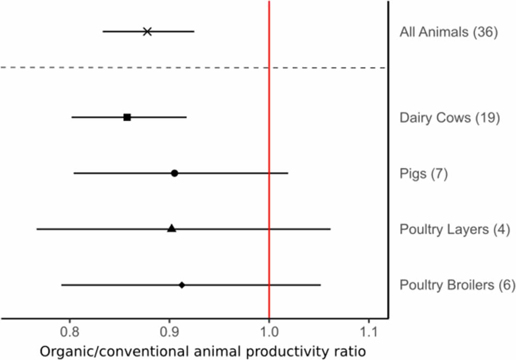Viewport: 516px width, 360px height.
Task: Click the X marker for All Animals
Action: pos(147,32)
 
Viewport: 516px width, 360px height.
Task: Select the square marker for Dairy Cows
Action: pos(127,117)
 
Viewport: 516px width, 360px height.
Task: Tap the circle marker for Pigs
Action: pos(174,173)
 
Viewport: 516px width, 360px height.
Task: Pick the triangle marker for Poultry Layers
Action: pos(172,228)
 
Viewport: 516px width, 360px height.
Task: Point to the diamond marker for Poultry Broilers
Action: pos(182,285)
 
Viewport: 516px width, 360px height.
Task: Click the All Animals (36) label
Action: pos(449,33)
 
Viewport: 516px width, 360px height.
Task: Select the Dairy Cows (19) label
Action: pos(449,118)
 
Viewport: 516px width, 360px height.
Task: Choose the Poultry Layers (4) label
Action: pos(455,229)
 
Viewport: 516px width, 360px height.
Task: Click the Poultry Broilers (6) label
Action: pos(457,285)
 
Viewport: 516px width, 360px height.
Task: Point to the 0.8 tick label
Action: pos(69,331)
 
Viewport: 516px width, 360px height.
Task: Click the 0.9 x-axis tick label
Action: pos(169,331)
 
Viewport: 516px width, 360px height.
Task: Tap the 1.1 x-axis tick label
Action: pos(369,331)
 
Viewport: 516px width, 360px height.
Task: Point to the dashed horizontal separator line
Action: pos(138,67)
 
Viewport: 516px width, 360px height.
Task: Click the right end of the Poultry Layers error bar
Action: pos(330,229)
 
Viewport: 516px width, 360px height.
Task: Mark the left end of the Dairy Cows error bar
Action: pos(72,117)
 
